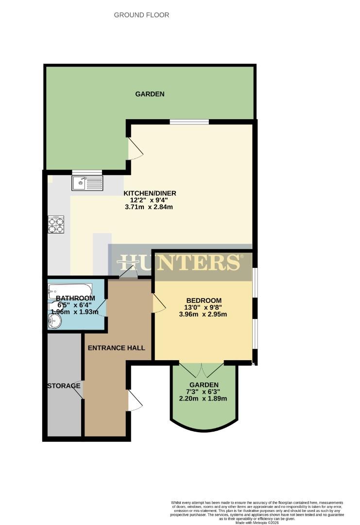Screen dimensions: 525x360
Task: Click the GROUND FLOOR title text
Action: (x=141, y=15)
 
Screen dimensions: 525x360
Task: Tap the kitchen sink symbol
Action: (x=87, y=183)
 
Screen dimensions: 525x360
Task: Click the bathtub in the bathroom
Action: (x=69, y=292)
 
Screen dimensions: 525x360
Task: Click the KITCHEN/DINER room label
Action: (x=149, y=193)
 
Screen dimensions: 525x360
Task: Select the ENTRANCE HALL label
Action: (x=116, y=348)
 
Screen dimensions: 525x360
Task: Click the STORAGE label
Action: (x=64, y=386)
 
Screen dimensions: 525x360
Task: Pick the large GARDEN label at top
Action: (x=150, y=94)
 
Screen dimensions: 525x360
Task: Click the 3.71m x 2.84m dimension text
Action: (x=149, y=207)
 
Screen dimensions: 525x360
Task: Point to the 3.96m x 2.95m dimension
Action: (x=204, y=314)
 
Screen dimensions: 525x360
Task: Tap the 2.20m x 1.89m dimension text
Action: (x=204, y=399)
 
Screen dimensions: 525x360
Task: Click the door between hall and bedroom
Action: (x=159, y=303)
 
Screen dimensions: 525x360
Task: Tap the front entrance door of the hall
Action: (x=135, y=401)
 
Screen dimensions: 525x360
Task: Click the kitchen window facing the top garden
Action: (x=189, y=122)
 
